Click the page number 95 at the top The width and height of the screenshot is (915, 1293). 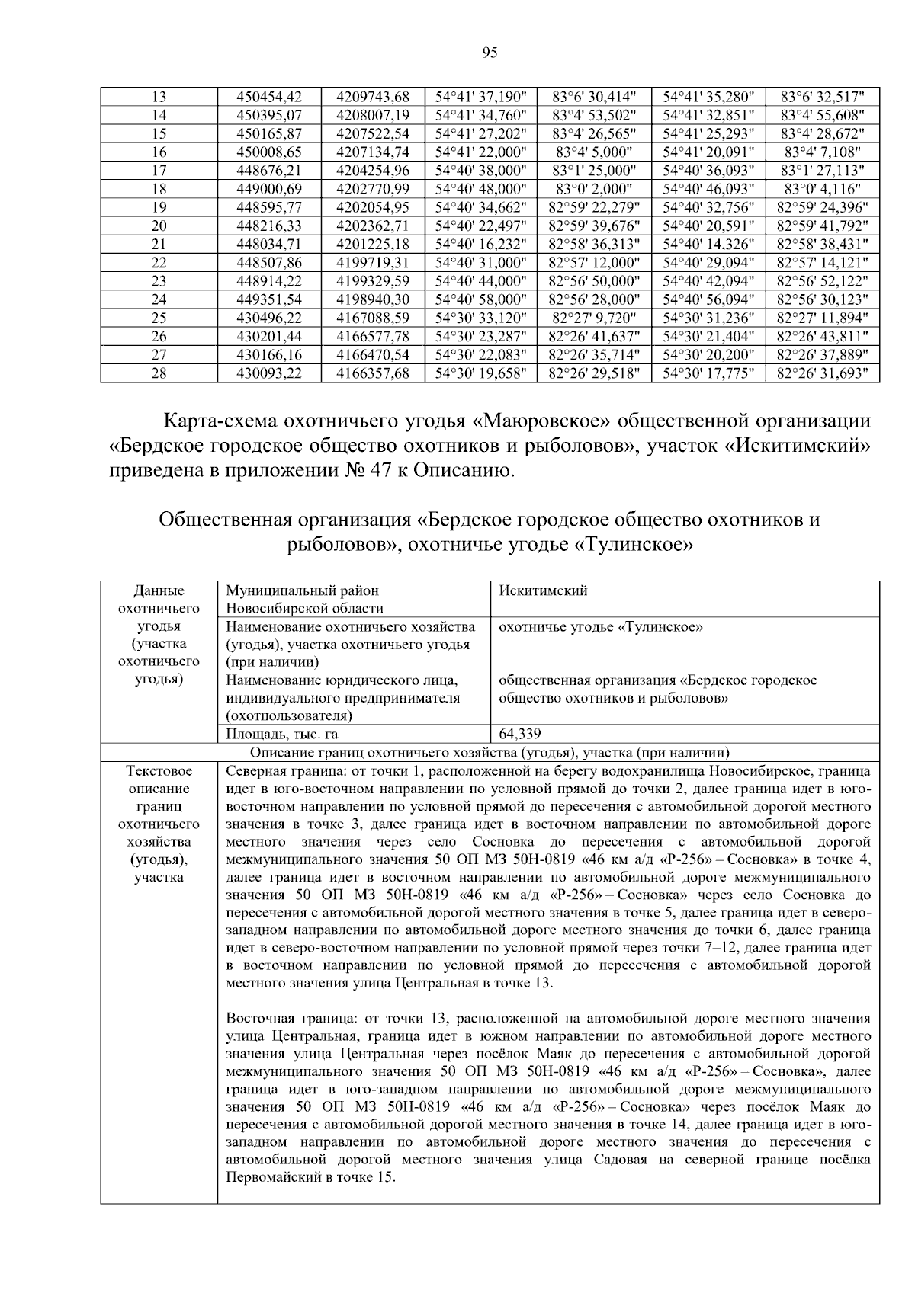pos(490,53)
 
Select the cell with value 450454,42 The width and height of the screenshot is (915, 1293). pos(269,98)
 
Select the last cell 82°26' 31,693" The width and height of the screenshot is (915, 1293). pos(822,373)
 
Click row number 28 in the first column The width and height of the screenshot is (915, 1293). pos(159,373)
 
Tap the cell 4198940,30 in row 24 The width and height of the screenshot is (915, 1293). pos(373,299)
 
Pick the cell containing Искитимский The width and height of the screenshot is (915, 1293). pos(543,591)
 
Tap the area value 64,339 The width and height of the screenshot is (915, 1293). pos(520,735)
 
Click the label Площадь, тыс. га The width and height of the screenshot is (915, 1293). pos(282,735)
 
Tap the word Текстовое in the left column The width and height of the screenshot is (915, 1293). pos(159,771)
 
